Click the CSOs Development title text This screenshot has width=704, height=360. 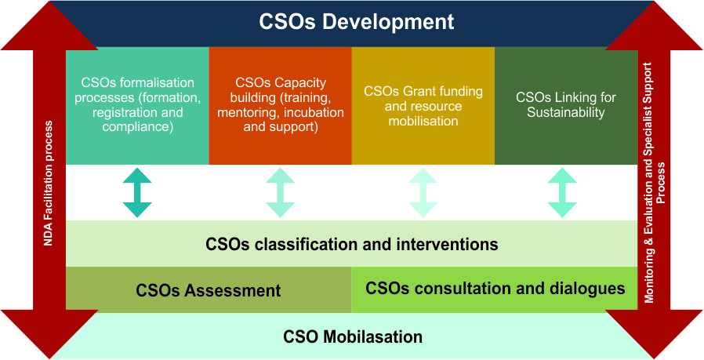[x=357, y=23]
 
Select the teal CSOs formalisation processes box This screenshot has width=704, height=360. [x=137, y=106]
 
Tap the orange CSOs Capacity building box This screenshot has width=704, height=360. [x=280, y=106]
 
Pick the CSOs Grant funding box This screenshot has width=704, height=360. [x=423, y=106]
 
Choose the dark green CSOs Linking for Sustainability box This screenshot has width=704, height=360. [x=566, y=106]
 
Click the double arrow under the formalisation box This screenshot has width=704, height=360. [x=137, y=193]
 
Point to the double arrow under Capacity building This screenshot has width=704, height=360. [x=280, y=193]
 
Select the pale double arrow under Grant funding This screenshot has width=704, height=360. [x=423, y=193]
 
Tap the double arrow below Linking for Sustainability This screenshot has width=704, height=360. [x=562, y=193]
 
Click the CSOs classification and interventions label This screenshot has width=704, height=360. [x=351, y=245]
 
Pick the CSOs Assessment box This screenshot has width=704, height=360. [x=209, y=289]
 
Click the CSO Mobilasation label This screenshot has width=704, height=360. [x=353, y=336]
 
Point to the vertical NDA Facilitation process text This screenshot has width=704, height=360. [x=48, y=184]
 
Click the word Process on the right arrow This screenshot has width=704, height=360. [x=660, y=183]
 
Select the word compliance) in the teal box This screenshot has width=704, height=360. [x=137, y=127]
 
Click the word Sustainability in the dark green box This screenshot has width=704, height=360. [x=566, y=112]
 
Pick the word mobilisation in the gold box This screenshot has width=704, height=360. [x=423, y=121]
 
